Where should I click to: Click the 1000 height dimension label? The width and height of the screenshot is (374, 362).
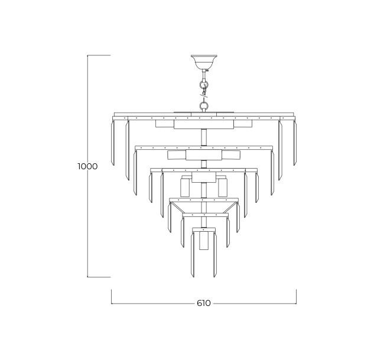(x=88, y=166)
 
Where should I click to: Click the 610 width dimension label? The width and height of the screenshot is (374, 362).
(x=204, y=303)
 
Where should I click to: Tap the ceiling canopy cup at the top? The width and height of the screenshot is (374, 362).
(x=204, y=62)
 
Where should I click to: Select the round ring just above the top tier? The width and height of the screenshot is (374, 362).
(x=204, y=105)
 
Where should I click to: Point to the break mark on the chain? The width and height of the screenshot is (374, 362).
(x=204, y=95)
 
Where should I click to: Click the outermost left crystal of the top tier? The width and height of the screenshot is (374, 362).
(x=113, y=143)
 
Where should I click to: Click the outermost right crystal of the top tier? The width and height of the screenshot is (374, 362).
(x=295, y=143)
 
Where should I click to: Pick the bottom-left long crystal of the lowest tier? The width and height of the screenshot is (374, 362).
(x=193, y=255)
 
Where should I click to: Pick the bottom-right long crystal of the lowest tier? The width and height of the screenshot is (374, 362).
(x=215, y=255)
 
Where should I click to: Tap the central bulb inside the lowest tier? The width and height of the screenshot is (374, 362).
(x=204, y=241)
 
